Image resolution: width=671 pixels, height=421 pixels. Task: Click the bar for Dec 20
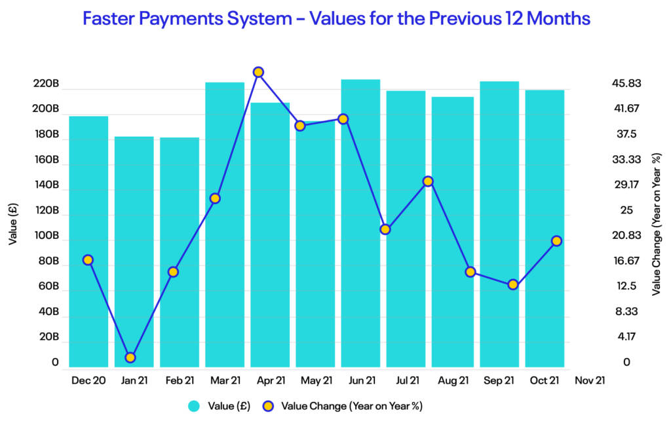[x=88, y=242]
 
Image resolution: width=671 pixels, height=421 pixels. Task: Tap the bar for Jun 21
[x=360, y=223]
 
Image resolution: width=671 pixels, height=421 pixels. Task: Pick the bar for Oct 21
[x=545, y=229]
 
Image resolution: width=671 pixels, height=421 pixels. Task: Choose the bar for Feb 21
[x=180, y=252]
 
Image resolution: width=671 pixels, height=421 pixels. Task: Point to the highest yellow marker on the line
[x=258, y=72]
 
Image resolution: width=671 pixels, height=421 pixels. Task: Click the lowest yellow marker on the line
[x=130, y=357]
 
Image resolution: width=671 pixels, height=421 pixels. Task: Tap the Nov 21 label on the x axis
[x=589, y=380]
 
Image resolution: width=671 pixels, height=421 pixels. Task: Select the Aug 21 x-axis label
[x=452, y=380]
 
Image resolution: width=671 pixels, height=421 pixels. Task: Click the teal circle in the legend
[x=193, y=406]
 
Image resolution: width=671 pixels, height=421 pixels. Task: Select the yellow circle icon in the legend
[x=267, y=406]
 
